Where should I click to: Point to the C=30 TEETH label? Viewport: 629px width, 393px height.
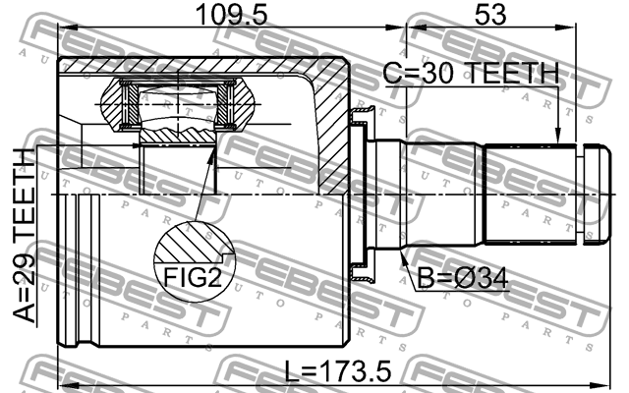(470, 74)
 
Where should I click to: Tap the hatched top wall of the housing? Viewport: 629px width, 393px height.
(197, 67)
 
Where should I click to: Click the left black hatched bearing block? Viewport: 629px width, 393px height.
(127, 104)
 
